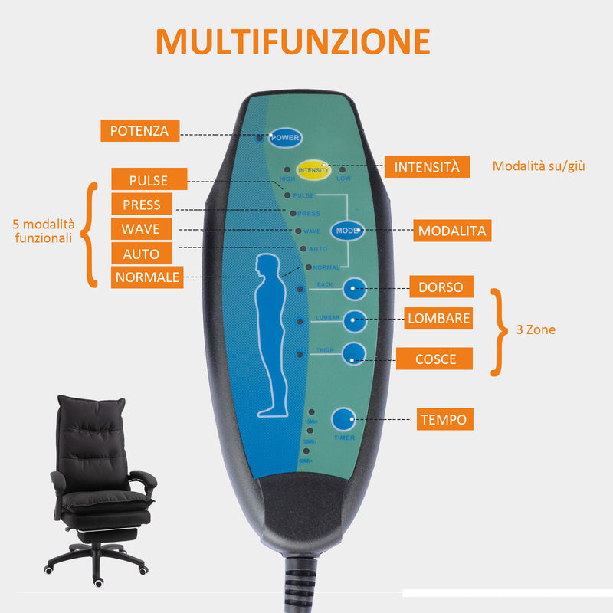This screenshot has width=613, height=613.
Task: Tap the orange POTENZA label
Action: [x=139, y=130]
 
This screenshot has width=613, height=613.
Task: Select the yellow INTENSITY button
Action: [x=313, y=170]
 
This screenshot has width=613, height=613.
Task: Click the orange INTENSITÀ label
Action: [x=427, y=166]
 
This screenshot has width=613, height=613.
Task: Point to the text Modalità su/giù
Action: [x=539, y=166]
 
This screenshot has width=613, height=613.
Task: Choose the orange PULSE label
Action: [x=149, y=180]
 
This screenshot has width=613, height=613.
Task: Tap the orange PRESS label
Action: [x=142, y=204]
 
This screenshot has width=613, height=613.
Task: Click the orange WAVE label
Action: [x=141, y=228]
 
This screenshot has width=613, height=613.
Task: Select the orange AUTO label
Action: [x=141, y=254]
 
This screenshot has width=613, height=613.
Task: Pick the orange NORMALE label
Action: [x=146, y=277]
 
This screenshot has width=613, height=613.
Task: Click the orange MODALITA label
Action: [x=451, y=230]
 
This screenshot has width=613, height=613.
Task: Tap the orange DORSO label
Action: [x=441, y=287]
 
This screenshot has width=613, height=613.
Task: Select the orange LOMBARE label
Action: [x=438, y=317]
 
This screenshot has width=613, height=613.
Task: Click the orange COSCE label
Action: [x=435, y=359]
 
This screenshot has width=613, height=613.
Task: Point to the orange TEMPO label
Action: [x=443, y=419]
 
